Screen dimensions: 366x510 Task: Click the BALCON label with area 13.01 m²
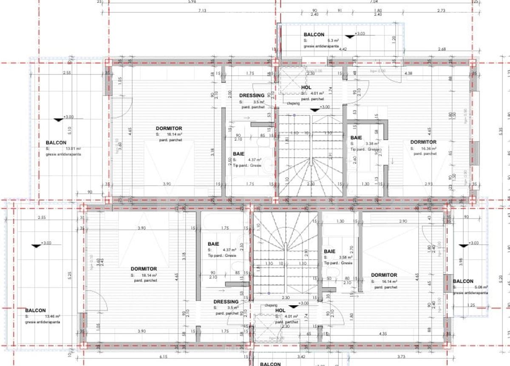(56, 143)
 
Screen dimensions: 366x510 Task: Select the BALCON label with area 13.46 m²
(35, 310)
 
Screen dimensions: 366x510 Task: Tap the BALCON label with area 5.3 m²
(314, 34)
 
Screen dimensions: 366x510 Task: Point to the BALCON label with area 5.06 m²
(463, 281)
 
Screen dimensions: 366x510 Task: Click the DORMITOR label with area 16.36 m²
(423, 142)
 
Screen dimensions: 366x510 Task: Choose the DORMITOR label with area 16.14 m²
(384, 275)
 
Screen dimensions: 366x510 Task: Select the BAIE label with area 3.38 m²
(356, 138)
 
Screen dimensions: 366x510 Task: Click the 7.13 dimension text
(202, 11)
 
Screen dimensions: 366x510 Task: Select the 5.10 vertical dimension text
(70, 130)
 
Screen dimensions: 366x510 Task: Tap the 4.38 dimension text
(409, 73)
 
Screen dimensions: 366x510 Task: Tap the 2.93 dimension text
(428, 184)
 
